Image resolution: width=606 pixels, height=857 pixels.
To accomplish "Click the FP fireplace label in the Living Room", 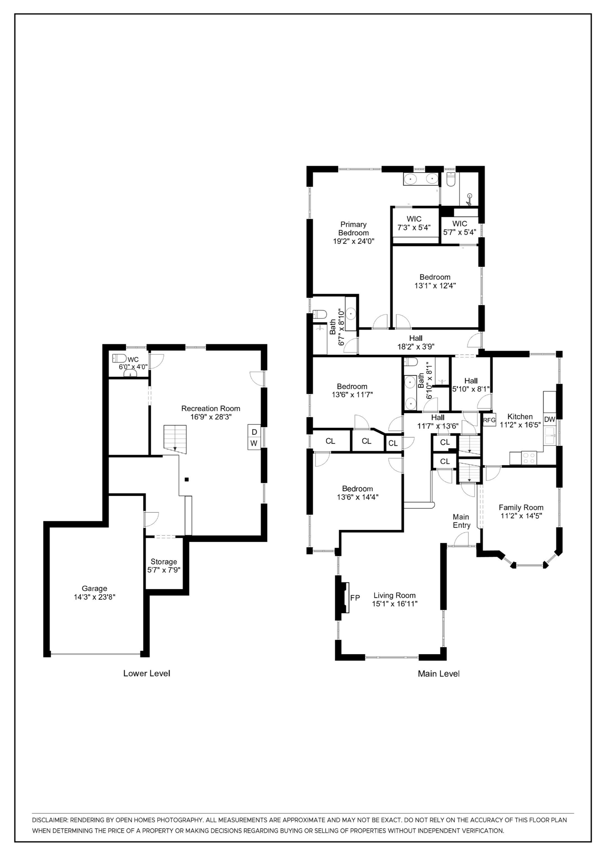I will (x=355, y=598).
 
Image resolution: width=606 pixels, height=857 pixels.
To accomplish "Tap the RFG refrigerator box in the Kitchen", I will (x=489, y=420).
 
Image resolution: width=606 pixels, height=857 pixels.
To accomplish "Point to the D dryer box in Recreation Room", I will (x=254, y=432).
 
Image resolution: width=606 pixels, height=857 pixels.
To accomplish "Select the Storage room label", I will (x=164, y=562).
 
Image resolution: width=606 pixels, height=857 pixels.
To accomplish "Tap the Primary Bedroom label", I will (x=353, y=229).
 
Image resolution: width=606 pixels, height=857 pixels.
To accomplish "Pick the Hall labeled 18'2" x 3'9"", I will (x=416, y=342).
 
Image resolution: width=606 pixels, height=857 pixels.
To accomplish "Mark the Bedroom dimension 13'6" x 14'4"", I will (x=357, y=497).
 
